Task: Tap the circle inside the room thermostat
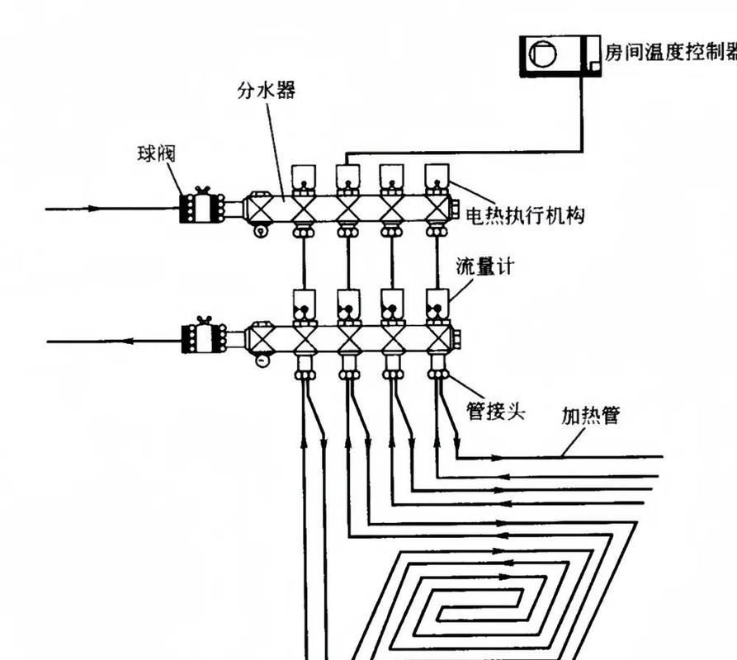(x=542, y=55)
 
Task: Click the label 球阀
(x=157, y=153)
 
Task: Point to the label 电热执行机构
(x=525, y=216)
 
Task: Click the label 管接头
(x=496, y=410)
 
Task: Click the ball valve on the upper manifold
(x=202, y=207)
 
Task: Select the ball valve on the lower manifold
(x=202, y=338)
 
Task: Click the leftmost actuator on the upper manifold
(x=303, y=177)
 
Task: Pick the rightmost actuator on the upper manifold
(x=437, y=176)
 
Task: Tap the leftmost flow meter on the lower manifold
(x=305, y=305)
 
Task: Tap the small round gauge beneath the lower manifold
(x=262, y=361)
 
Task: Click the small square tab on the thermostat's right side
(x=593, y=64)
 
